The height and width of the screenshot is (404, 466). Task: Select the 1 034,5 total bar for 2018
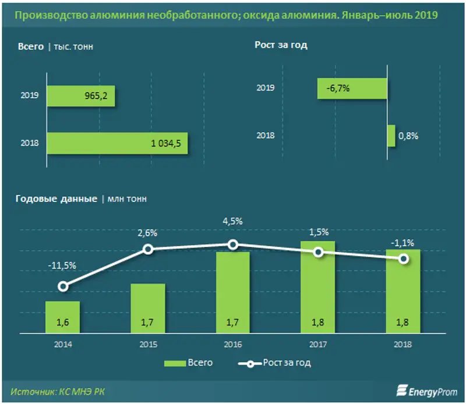coord(116,143)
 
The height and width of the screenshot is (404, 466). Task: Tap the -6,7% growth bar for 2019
coord(352,88)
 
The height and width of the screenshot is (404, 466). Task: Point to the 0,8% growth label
coord(408,136)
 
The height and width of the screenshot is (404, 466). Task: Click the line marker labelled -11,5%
coord(63,286)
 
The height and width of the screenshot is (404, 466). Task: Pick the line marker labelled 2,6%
coord(148,249)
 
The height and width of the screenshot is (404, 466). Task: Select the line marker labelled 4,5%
coord(232,244)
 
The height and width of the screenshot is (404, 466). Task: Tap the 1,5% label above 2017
coord(317,233)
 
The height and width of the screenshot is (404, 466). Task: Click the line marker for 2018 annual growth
coord(403,259)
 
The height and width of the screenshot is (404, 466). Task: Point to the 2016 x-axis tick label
coord(232,344)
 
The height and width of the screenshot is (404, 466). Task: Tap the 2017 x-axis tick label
coord(317,344)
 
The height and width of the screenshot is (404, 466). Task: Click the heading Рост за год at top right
coord(281,45)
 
